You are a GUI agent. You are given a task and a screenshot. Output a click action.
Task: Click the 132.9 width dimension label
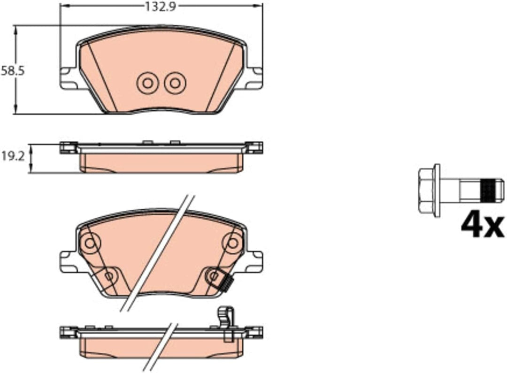(160, 6)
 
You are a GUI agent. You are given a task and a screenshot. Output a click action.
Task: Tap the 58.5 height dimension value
(13, 71)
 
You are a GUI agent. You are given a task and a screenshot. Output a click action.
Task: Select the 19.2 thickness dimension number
(13, 157)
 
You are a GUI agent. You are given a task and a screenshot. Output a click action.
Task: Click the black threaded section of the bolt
(489, 190)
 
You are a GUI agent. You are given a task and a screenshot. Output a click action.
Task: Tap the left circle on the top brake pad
(147, 84)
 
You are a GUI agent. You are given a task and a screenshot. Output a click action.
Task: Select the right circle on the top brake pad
(175, 84)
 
